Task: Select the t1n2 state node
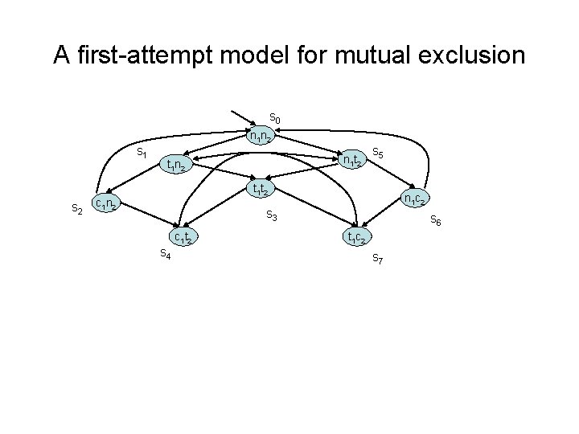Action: click(x=176, y=166)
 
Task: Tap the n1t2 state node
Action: click(x=351, y=161)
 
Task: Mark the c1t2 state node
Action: click(x=183, y=236)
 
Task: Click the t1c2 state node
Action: click(x=357, y=236)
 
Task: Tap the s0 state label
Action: click(x=274, y=119)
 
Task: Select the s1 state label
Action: click(x=141, y=151)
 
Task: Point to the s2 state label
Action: click(x=77, y=209)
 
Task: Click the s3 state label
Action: click(x=272, y=217)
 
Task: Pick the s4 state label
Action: click(x=164, y=254)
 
